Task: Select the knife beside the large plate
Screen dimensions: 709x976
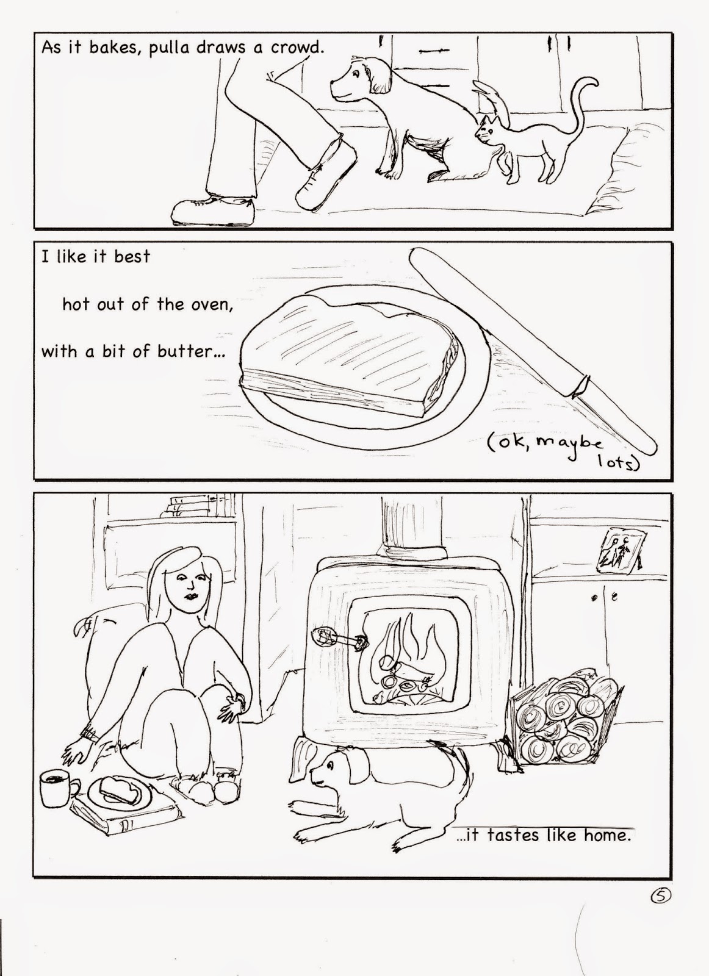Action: (533, 351)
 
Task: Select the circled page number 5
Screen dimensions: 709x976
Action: (661, 895)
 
